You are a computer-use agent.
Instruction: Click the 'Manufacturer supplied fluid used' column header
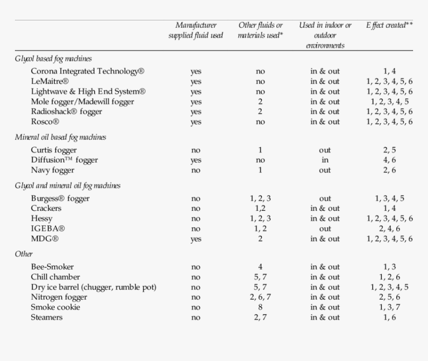pyautogui.click(x=196, y=30)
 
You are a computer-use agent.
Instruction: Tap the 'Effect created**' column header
pyautogui.click(x=390, y=25)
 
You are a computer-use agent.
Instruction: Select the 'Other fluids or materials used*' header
pyautogui.click(x=260, y=30)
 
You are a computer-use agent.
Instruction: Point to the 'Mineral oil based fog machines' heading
pyautogui.click(x=60, y=137)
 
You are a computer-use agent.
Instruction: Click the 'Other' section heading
pyautogui.click(x=24, y=254)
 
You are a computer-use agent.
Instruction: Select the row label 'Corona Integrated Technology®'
pyautogui.click(x=88, y=71)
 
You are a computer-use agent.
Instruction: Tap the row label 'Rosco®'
pyautogui.click(x=45, y=121)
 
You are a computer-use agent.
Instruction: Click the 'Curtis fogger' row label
pyautogui.click(x=54, y=150)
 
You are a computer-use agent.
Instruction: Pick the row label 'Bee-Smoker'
pyautogui.click(x=52, y=267)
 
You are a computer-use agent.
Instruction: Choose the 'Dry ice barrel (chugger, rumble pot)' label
pyautogui.click(x=94, y=287)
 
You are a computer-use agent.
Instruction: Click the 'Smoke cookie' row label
pyautogui.click(x=55, y=307)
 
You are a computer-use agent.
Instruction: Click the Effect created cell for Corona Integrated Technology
pyautogui.click(x=390, y=71)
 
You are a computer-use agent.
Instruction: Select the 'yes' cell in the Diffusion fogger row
pyautogui.click(x=196, y=160)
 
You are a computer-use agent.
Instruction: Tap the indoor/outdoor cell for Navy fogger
pyautogui.click(x=325, y=170)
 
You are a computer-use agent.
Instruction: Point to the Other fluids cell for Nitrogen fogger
pyautogui.click(x=260, y=297)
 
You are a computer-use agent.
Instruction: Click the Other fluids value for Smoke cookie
pyautogui.click(x=260, y=307)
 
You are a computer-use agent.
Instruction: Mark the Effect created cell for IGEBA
pyautogui.click(x=390, y=229)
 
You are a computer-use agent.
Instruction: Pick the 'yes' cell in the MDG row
pyautogui.click(x=196, y=239)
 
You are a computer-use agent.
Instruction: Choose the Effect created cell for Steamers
pyautogui.click(x=390, y=317)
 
